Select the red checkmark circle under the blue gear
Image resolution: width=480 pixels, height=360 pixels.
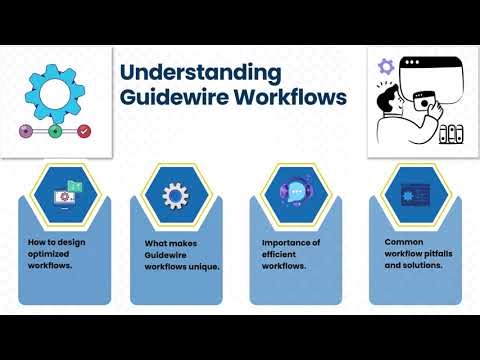[84, 131]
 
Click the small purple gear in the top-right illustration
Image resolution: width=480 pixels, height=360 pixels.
[385, 66]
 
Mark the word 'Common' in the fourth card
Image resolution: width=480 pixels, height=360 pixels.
[404, 241]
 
